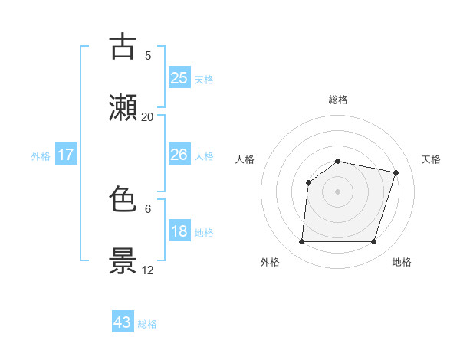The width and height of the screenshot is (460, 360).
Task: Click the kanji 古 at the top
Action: (x=123, y=47)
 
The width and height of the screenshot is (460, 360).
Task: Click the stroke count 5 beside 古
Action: (x=148, y=55)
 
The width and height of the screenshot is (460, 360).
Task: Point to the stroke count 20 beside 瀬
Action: (x=148, y=116)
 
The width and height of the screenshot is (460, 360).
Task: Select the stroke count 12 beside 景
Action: (x=148, y=270)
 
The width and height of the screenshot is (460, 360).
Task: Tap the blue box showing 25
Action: (x=179, y=77)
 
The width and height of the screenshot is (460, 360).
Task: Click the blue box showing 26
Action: (x=179, y=155)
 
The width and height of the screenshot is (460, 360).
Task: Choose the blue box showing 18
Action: (x=179, y=231)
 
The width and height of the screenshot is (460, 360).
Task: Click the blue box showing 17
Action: (x=66, y=155)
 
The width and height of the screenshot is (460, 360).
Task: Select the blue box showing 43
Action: (x=123, y=322)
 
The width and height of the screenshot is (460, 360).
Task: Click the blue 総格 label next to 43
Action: (x=148, y=324)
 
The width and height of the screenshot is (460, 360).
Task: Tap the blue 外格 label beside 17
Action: (x=41, y=156)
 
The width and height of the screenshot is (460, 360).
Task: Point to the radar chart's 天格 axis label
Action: (x=432, y=159)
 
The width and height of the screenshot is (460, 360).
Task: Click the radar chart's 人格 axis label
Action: (x=245, y=159)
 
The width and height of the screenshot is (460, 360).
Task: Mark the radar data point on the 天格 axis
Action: (x=396, y=172)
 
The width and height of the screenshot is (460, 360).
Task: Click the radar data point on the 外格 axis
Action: (x=302, y=242)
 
